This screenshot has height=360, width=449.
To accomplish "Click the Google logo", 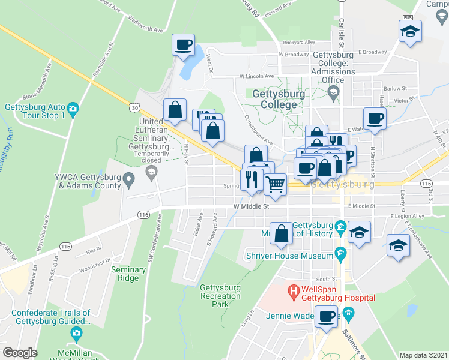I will tap(20, 353).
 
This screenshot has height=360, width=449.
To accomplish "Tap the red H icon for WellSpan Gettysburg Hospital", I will tap(294, 293).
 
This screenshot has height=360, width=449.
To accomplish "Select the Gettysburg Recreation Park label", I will tap(220, 296).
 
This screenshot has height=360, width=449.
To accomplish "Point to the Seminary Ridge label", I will tap(128, 274).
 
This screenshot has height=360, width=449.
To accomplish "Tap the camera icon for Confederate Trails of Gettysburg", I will tap(76, 332).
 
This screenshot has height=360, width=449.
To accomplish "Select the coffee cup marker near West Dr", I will tap(183, 45).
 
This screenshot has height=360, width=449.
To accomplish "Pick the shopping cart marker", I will tap(275, 184).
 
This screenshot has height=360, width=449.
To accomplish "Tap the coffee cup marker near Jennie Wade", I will tap(327, 317).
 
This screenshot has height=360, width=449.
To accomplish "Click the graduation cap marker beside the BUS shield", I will tap(410, 31).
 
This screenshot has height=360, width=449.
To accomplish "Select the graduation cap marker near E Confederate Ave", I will tap(398, 247).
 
